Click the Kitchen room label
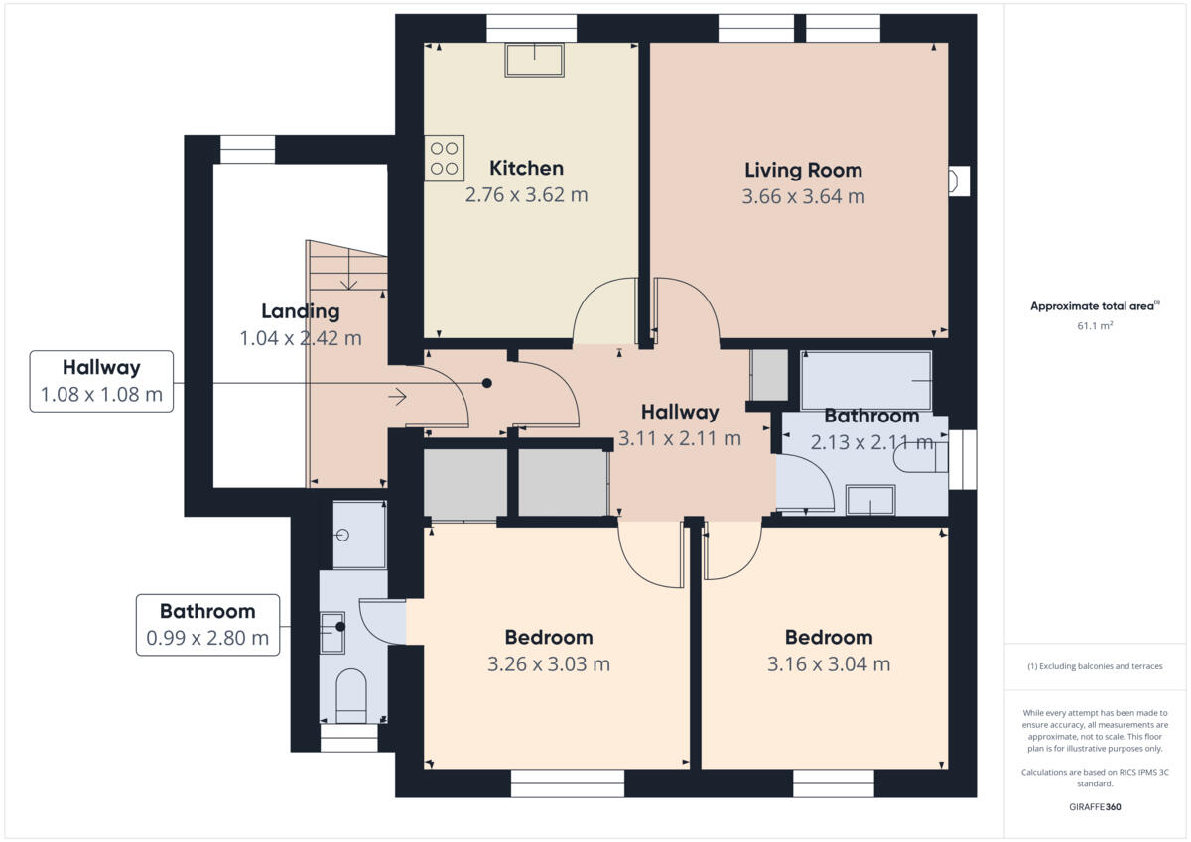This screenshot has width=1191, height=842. [x=526, y=168]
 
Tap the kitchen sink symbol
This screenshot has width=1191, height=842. [x=534, y=60]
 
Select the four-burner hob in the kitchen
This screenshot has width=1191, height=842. [x=444, y=158]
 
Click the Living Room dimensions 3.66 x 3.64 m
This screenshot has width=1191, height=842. [x=803, y=196]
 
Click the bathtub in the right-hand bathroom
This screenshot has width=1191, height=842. [x=865, y=380]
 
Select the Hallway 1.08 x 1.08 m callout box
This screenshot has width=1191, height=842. [x=101, y=381]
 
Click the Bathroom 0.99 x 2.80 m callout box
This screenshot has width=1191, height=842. [x=207, y=625]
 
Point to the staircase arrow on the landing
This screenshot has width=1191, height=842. [x=397, y=397]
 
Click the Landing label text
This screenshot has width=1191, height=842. [x=300, y=310]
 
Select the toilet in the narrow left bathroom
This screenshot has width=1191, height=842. [x=351, y=694]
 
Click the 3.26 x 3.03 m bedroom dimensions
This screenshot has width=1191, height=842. [x=548, y=663]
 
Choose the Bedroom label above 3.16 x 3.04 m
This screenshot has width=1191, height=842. [x=828, y=637]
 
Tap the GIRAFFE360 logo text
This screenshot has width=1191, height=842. [x=1094, y=807]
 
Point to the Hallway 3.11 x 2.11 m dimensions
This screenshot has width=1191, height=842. [x=679, y=438]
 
